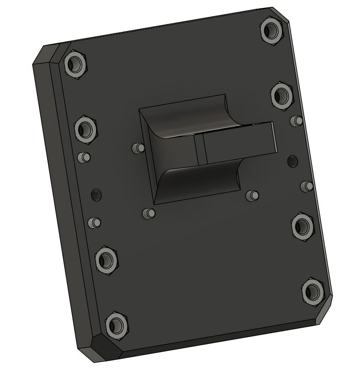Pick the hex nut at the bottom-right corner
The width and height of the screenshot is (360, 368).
(313, 291)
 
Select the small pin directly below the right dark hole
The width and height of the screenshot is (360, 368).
(306, 186)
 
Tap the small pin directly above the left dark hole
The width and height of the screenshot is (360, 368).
(84, 157)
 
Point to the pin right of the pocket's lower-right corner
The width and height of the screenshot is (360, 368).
(252, 195)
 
